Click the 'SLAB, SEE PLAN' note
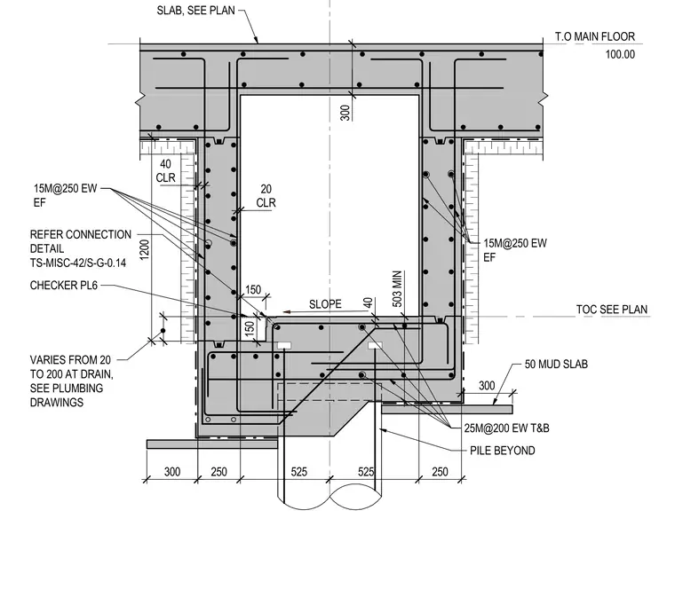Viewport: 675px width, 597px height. click(x=196, y=11)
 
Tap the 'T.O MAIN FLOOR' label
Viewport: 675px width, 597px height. click(x=594, y=36)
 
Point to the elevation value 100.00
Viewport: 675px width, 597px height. click(x=620, y=54)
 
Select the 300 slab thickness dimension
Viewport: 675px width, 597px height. click(x=345, y=113)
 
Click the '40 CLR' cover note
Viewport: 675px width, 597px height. click(x=166, y=170)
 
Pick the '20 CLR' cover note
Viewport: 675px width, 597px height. click(x=266, y=195)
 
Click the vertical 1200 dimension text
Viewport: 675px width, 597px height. click(x=144, y=249)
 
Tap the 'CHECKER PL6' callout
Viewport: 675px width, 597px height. click(x=64, y=286)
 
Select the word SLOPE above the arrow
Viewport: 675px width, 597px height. click(x=325, y=304)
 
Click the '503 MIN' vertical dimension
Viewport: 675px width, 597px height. click(x=397, y=289)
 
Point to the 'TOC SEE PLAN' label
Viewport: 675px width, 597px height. click(x=612, y=310)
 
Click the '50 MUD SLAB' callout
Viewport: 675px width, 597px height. click(x=556, y=364)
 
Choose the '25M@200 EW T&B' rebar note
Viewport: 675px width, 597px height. click(x=506, y=428)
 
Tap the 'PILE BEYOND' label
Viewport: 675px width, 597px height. click(x=503, y=451)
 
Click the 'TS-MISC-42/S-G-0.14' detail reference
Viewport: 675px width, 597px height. click(x=78, y=263)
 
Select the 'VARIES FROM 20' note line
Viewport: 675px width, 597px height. click(x=70, y=360)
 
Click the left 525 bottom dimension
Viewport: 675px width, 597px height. click(x=298, y=472)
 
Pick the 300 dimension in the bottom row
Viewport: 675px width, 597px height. click(x=172, y=472)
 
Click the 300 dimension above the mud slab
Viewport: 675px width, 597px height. click(x=487, y=386)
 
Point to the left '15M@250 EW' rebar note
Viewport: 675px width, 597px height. click(x=66, y=188)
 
